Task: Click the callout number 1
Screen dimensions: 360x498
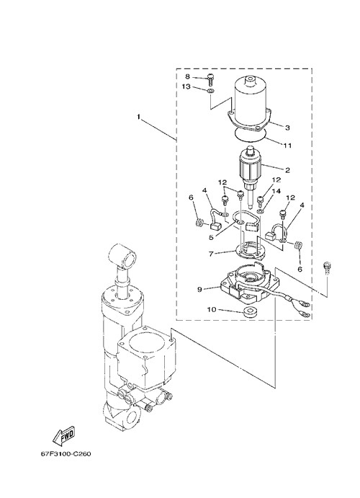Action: pos(138,117)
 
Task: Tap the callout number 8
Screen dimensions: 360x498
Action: pos(187,76)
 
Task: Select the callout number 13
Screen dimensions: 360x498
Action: pos(186,86)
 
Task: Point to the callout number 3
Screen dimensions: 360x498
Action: pos(287,128)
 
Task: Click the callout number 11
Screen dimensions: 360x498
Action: pos(288,146)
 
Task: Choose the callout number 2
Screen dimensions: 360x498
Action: pos(287,170)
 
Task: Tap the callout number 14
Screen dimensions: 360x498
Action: pos(276,191)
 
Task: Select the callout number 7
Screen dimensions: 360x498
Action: pos(211,254)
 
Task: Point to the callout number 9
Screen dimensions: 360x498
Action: pos(199,289)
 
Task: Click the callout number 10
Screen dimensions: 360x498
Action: pos(212,309)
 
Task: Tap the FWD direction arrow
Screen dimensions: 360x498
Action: pos(63,434)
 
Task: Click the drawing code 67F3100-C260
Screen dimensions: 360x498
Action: pos(66,454)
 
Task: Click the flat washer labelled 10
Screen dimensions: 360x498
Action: pos(251,311)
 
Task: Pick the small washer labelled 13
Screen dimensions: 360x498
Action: pos(210,92)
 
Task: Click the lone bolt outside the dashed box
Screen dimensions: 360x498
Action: pos(327,267)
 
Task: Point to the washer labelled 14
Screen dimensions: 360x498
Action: pos(260,211)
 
